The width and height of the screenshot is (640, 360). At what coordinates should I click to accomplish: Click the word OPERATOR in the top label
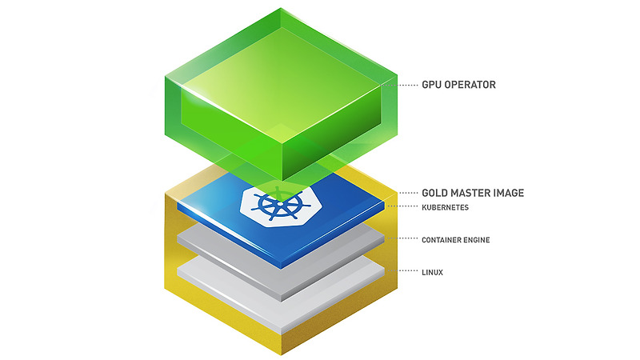pyautogui.click(x=474, y=83)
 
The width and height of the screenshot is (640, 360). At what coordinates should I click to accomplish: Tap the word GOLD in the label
pyautogui.click(x=435, y=193)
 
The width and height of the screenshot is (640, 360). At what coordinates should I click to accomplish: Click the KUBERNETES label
pyautogui.click(x=445, y=207)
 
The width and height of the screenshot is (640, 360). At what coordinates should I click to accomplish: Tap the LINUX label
pyautogui.click(x=433, y=273)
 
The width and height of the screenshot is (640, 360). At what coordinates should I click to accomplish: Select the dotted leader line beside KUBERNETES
pyautogui.click(x=408, y=207)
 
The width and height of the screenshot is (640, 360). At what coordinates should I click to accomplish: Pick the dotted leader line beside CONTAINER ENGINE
pyautogui.click(x=408, y=238)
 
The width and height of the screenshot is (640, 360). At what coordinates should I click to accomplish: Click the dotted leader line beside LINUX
pyautogui.click(x=408, y=273)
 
